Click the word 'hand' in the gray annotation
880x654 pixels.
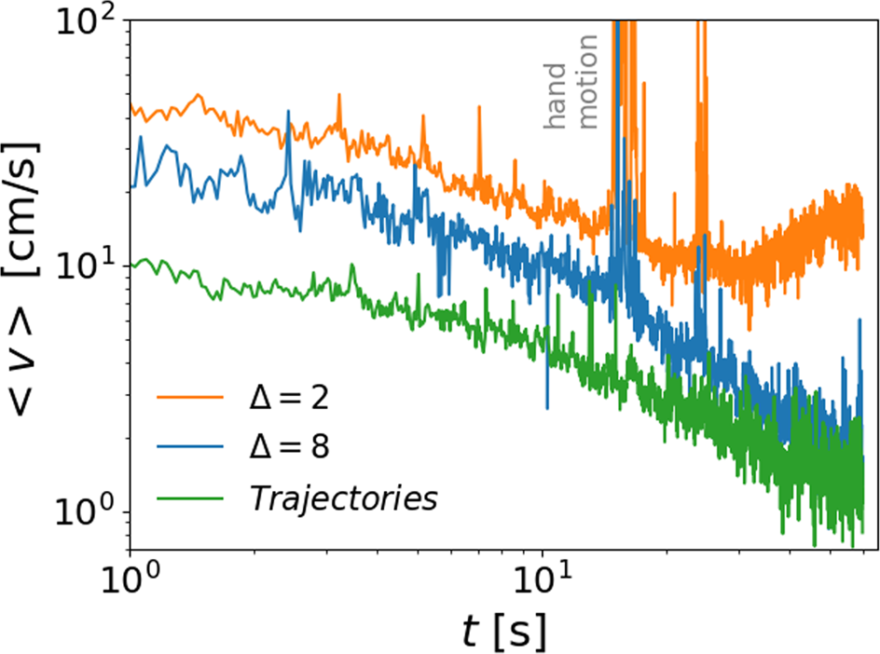click(556, 97)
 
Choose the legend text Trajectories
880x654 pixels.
click(342, 498)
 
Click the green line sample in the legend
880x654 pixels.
click(190, 498)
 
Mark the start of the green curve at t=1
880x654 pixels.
click(131, 266)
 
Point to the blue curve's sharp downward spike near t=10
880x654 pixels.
click(547, 406)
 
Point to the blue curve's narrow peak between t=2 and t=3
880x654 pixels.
click(288, 113)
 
